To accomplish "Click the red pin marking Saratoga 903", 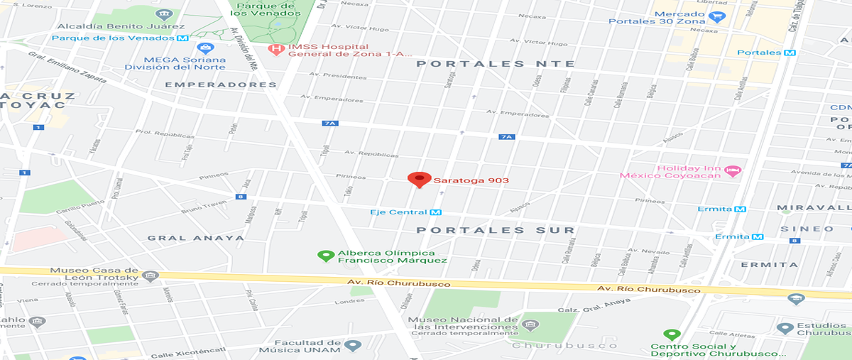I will pos(419,179).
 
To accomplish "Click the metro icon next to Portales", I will pos(790,53).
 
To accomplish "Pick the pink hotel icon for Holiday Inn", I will pos(733,170).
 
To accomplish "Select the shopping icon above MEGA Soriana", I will pos(205,49).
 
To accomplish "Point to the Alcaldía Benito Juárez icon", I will pos(165,15).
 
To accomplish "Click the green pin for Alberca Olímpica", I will pos(327,255).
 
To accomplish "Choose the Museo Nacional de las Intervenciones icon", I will pos(529,325).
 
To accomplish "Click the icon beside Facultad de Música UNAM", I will pos(353,346).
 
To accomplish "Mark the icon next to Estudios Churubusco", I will pos(785,329).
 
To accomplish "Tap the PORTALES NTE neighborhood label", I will pos(496,63).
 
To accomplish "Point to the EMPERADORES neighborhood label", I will pos(220,84).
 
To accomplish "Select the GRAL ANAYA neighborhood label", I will pos(195,237).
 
